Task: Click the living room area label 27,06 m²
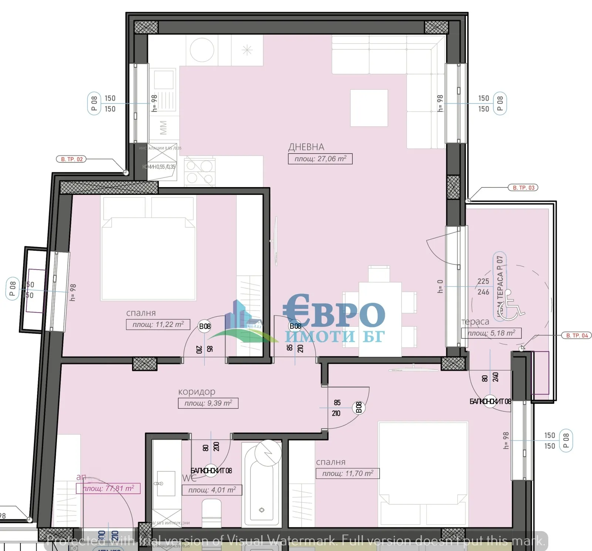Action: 320,159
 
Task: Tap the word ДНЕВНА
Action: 306,147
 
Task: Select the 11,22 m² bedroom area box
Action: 158,325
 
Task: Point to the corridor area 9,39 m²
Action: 208,403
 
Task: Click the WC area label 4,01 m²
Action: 212,490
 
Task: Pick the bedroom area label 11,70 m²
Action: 347,473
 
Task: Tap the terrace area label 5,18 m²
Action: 491,333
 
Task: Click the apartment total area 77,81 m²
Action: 108,489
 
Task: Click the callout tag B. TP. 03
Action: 523,188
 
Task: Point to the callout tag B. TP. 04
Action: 577,335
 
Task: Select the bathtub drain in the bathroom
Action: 262,510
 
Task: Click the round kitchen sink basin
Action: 202,50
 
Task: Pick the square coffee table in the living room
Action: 369,108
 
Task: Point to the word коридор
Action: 196,392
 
